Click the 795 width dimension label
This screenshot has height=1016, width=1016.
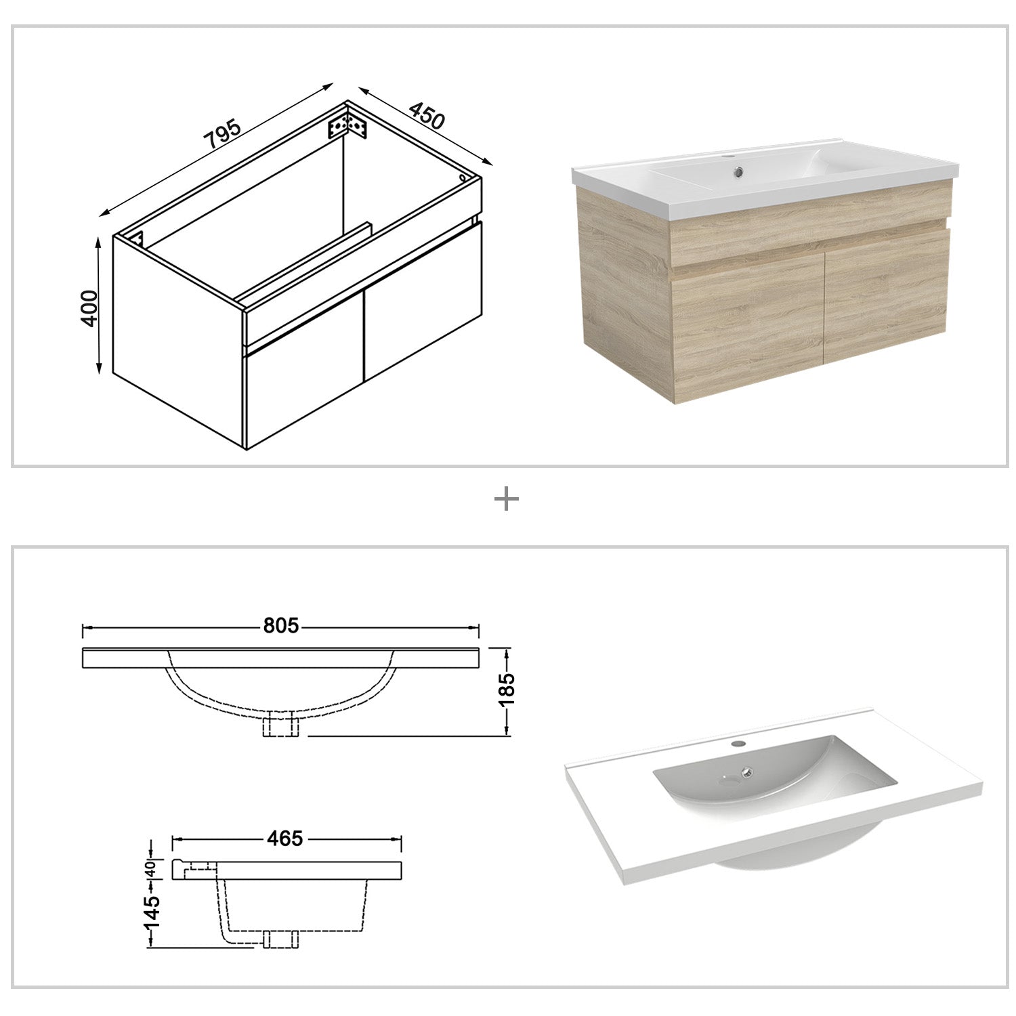(223, 135)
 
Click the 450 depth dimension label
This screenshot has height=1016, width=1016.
(427, 117)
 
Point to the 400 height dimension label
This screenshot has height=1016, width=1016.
(89, 308)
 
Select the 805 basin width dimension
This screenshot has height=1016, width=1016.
(280, 626)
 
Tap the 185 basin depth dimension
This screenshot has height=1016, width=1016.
(507, 689)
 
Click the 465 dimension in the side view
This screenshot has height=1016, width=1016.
(284, 839)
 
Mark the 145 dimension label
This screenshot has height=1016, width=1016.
(151, 911)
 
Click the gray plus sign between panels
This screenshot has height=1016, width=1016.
(507, 500)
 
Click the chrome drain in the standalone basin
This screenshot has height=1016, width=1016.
(747, 770)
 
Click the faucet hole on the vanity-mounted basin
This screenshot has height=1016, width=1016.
(728, 158)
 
